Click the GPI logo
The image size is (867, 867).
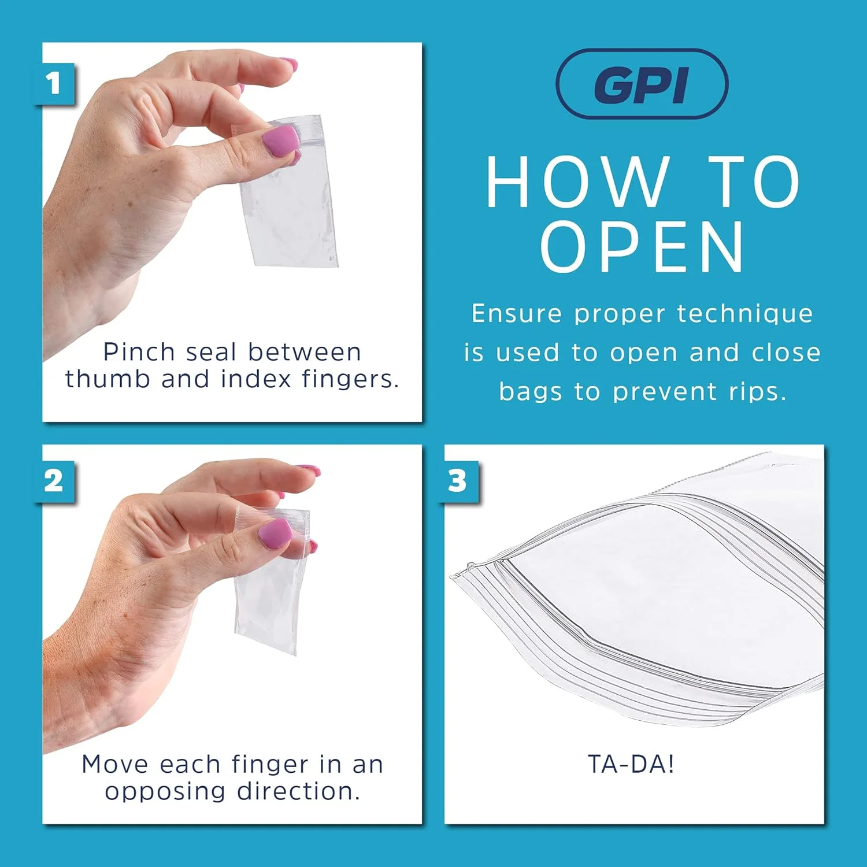pyautogui.click(x=642, y=84)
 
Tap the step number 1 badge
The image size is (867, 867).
pyautogui.click(x=54, y=84)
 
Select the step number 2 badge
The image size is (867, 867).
pyautogui.click(x=54, y=481)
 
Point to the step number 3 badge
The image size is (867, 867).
pyautogui.click(x=457, y=481)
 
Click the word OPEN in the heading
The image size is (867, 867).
pyautogui.click(x=642, y=247)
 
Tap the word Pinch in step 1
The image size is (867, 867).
pyautogui.click(x=139, y=351)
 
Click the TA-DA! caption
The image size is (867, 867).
pyautogui.click(x=631, y=764)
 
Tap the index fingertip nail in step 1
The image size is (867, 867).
pyautogui.click(x=288, y=64)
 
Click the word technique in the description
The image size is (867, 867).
pyautogui.click(x=745, y=314)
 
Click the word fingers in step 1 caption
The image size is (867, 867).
pyautogui.click(x=350, y=379)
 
